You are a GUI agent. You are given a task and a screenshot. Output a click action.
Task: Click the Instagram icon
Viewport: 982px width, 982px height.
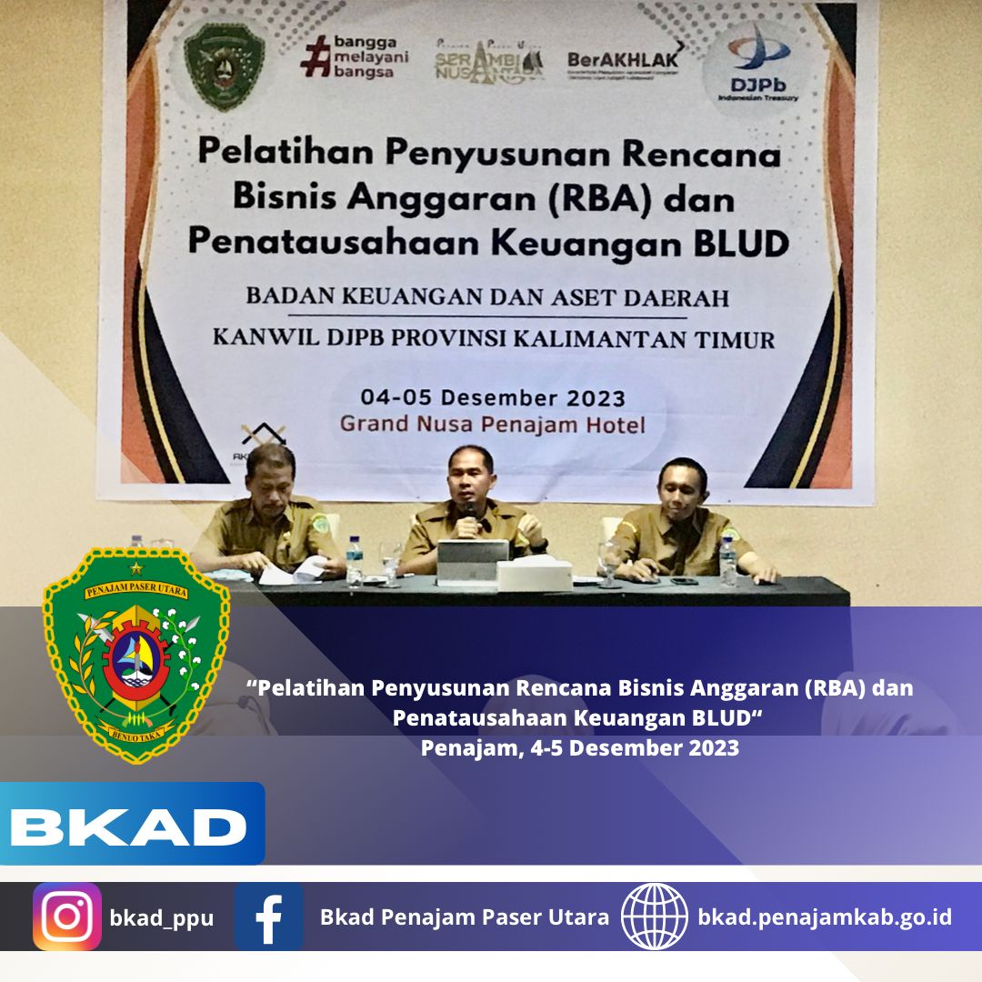click(x=67, y=917)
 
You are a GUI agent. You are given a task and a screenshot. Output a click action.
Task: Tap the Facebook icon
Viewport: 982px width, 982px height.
click(x=268, y=917)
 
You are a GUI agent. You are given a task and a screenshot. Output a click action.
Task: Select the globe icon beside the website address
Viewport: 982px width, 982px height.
click(x=655, y=917)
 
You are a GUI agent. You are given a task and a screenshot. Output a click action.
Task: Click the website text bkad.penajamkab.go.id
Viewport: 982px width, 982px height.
click(x=825, y=917)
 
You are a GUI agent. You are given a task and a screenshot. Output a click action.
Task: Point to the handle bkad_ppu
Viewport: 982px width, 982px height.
click(x=162, y=917)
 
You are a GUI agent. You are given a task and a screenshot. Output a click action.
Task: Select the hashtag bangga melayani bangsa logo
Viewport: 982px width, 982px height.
click(x=355, y=56)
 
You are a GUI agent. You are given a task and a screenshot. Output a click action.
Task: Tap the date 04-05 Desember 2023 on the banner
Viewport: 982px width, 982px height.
click(x=493, y=397)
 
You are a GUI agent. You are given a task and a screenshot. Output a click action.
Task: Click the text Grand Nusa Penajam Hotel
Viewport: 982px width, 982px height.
click(x=493, y=424)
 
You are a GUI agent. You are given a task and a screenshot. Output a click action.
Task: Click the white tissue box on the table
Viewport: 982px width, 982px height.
click(x=534, y=573)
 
